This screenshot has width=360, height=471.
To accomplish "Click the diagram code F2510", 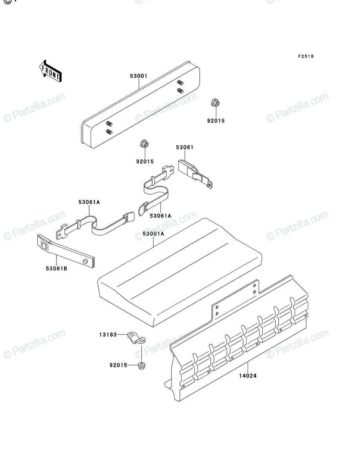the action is (306, 57).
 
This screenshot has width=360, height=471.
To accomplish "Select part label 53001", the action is (139, 76).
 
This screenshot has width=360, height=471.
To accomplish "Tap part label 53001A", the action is (154, 234).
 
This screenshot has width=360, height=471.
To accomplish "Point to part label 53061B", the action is (57, 268).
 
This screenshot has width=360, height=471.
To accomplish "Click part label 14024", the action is (248, 376).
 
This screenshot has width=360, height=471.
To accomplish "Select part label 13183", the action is (108, 334).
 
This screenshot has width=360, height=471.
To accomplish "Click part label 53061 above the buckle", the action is (185, 148).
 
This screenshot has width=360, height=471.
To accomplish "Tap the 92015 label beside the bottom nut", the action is (119, 365).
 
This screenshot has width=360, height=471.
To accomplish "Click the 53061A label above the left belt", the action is (89, 202).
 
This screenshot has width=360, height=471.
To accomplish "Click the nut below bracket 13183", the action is (141, 365).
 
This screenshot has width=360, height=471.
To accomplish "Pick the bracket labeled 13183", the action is (137, 338).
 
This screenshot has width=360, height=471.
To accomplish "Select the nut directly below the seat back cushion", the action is (144, 144).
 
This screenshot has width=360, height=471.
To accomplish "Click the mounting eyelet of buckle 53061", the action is (210, 184).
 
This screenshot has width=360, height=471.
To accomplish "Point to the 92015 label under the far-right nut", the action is (216, 121).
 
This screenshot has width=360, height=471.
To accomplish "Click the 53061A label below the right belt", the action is (161, 216).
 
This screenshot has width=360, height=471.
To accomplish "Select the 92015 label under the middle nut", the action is (145, 162).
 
